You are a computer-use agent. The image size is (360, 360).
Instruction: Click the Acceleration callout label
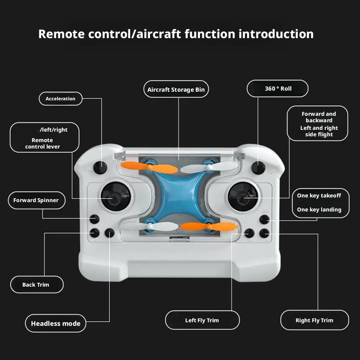(60, 99)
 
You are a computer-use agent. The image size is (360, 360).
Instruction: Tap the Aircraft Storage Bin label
(176, 90)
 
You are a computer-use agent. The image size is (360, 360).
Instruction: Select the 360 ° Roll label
(278, 88)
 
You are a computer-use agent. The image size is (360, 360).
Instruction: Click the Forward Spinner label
(36, 200)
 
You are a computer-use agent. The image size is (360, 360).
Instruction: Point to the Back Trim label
(36, 284)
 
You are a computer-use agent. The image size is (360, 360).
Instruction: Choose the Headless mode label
(55, 323)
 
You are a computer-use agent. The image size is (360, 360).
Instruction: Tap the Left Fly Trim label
(202, 320)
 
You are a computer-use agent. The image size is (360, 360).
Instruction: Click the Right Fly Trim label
(314, 320)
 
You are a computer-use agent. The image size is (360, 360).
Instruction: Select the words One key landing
(319, 210)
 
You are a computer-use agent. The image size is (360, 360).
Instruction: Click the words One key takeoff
(319, 196)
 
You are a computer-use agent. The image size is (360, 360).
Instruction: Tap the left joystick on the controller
(115, 196)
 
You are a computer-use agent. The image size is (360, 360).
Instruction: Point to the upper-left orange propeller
(149, 167)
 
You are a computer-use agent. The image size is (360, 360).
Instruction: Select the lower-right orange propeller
(209, 226)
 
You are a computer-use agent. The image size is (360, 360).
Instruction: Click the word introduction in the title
(276, 34)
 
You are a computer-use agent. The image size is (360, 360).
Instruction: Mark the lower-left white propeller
(149, 226)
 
